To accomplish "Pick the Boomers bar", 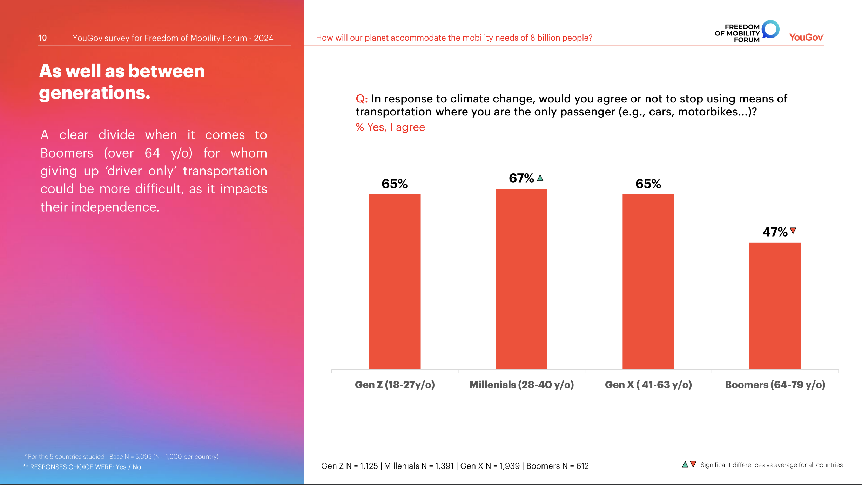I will (x=775, y=306).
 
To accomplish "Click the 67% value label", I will (x=521, y=178).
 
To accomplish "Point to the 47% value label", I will (x=775, y=232).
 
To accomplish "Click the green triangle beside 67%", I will (x=540, y=178).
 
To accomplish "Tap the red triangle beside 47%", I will (x=793, y=231).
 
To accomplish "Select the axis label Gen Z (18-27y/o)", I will (x=395, y=385).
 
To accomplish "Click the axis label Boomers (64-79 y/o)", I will (x=775, y=385).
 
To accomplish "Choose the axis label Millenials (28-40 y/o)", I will (x=521, y=385).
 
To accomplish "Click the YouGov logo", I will (x=806, y=37).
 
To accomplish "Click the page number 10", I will (x=42, y=38).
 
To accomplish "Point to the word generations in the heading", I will (x=94, y=93).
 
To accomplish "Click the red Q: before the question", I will (x=362, y=99).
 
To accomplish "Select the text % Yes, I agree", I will (x=390, y=127).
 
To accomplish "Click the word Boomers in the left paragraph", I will (x=67, y=153).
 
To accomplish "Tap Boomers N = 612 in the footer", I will (x=557, y=466).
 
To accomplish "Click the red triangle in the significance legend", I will (x=693, y=464).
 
